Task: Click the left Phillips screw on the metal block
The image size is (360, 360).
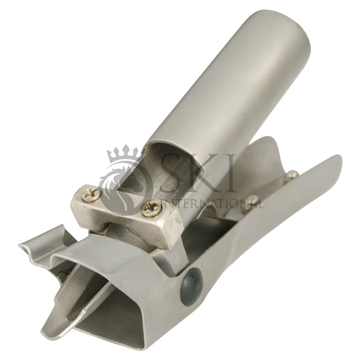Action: pos(92,195)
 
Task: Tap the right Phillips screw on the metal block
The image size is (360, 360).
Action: pos(149,209)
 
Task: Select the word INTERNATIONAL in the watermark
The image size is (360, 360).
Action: pos(212,203)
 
